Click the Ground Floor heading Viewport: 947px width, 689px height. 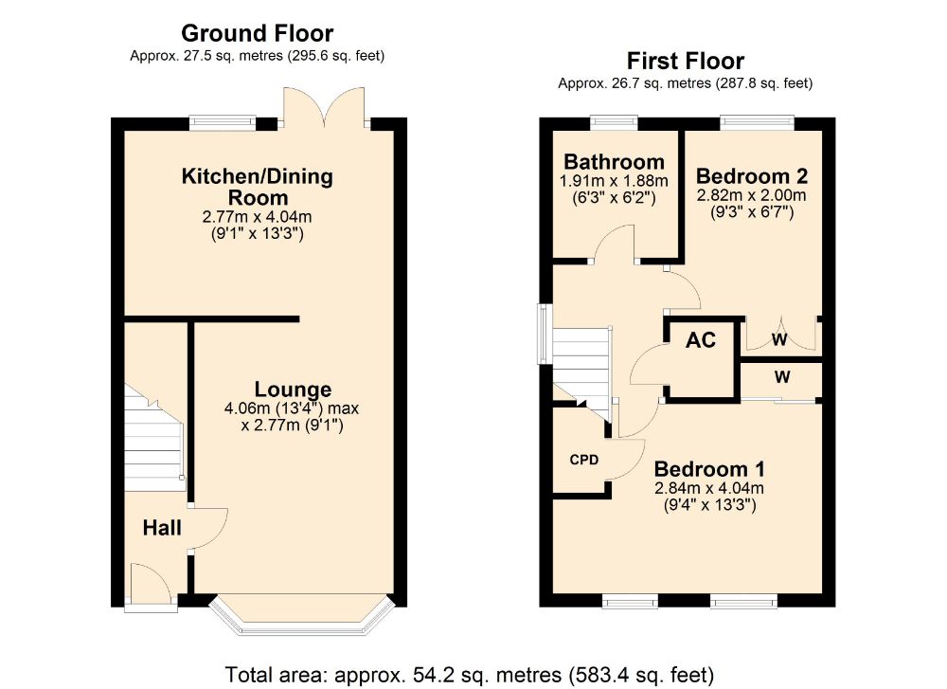pyautogui.click(x=258, y=33)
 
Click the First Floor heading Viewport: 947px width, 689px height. pyautogui.click(x=686, y=61)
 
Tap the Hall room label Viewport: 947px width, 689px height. pyautogui.click(x=162, y=528)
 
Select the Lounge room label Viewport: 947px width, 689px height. pyautogui.click(x=293, y=389)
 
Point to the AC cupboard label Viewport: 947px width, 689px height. pyautogui.click(x=701, y=339)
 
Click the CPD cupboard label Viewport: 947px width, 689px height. pyautogui.click(x=584, y=460)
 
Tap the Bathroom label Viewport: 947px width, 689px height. pyautogui.click(x=615, y=161)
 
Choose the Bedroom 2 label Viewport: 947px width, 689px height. pyautogui.click(x=752, y=176)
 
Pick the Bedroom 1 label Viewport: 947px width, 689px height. pyautogui.click(x=709, y=469)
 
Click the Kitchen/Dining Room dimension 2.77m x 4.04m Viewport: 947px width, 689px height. pyautogui.click(x=258, y=216)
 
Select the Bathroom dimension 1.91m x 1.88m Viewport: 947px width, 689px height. pyautogui.click(x=615, y=181)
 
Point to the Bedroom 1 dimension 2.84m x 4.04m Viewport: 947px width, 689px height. pyautogui.click(x=709, y=488)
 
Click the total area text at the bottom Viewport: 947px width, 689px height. pyautogui.click(x=470, y=674)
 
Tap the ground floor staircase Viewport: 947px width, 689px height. pyautogui.click(x=154, y=436)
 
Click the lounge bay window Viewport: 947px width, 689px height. pyautogui.click(x=304, y=615)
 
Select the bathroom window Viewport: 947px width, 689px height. pyautogui.click(x=614, y=122)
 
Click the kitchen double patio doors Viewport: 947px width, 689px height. pyautogui.click(x=325, y=108)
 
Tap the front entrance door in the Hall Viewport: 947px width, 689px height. pyautogui.click(x=151, y=586)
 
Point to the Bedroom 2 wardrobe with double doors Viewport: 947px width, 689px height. pyautogui.click(x=779, y=335)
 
